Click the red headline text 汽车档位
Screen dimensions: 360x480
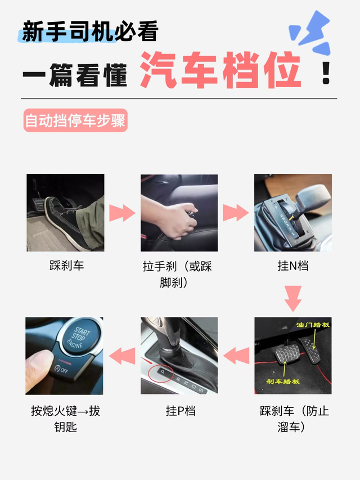coord(220,70)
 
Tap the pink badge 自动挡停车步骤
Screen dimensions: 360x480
coord(75,120)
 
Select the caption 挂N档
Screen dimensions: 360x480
coord(293,266)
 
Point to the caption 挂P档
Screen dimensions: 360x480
coord(181,411)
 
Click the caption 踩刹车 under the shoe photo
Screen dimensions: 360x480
coord(67,266)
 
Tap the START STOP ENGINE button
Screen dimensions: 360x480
coord(80,338)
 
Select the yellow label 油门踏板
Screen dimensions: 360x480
coord(313,325)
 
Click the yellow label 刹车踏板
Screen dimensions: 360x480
coord(283,382)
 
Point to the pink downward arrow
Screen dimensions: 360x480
coord(293,298)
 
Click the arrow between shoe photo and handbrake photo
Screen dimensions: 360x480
coord(123,213)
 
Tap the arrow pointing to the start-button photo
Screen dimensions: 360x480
coord(122,356)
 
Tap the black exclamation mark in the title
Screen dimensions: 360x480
coord(326,73)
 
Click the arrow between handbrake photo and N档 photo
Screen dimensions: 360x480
coord(236,213)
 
